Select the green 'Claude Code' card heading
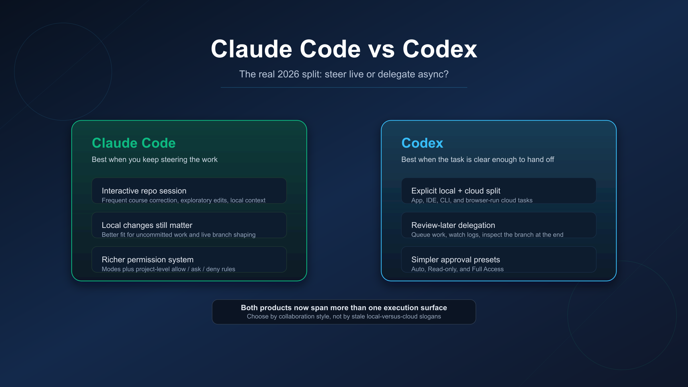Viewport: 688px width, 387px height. (134, 143)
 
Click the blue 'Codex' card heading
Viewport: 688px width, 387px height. (422, 143)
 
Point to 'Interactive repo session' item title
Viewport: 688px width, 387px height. (144, 191)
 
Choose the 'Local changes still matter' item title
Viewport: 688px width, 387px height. (147, 225)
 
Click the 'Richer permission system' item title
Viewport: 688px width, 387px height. (148, 259)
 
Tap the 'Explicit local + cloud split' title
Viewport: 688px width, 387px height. (456, 191)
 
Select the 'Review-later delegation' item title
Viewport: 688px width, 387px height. (453, 225)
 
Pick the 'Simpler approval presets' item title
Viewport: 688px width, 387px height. (456, 259)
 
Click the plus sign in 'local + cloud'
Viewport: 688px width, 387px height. (460, 191)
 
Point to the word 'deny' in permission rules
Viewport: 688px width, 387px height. (213, 269)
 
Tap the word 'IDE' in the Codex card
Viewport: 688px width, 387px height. (431, 200)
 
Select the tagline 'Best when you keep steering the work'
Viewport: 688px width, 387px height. (155, 159)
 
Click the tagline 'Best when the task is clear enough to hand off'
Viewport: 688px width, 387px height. (478, 159)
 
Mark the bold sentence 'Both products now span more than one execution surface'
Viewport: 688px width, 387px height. (344, 308)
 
